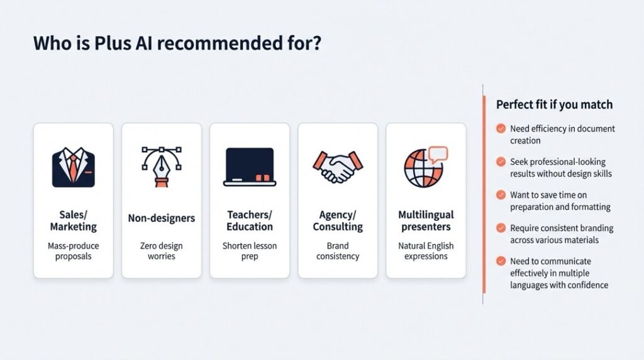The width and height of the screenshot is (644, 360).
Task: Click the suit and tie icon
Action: pyautogui.click(x=73, y=167)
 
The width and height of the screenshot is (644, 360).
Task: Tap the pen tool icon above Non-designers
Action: pyautogui.click(x=162, y=166)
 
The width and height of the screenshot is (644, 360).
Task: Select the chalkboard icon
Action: pyautogui.click(x=250, y=166)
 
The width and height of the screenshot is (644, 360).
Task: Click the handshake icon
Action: pyautogui.click(x=338, y=167)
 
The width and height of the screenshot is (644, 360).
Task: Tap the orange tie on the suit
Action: pyautogui.click(x=73, y=168)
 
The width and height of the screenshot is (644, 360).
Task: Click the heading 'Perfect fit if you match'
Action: pyautogui.click(x=554, y=104)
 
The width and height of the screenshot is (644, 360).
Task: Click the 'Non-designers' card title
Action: pyautogui.click(x=162, y=218)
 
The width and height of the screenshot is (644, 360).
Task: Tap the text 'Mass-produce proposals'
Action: pyautogui.click(x=73, y=250)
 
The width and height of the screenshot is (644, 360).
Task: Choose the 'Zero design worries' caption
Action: pyautogui.click(x=162, y=250)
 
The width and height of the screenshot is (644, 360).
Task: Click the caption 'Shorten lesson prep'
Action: pyautogui.click(x=250, y=250)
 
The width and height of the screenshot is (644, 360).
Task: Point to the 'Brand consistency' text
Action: pyautogui.click(x=338, y=250)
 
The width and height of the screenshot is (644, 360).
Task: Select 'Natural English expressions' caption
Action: pyautogui.click(x=426, y=250)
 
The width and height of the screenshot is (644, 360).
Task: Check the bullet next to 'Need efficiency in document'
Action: pyautogui.click(x=501, y=128)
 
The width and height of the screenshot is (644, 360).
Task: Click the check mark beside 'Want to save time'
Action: pyautogui.click(x=501, y=195)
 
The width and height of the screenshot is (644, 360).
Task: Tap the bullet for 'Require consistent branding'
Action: pyautogui.click(x=501, y=228)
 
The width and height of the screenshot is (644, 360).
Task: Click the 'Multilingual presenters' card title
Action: pyautogui.click(x=426, y=221)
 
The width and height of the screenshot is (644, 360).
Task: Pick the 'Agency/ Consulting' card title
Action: pyautogui.click(x=338, y=221)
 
